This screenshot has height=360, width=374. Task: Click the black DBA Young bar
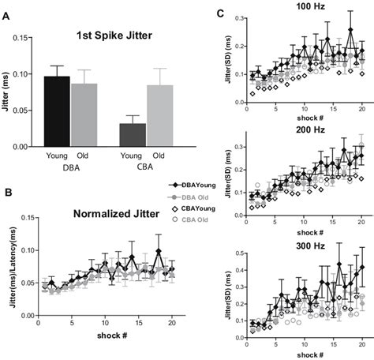pos(57,111)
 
